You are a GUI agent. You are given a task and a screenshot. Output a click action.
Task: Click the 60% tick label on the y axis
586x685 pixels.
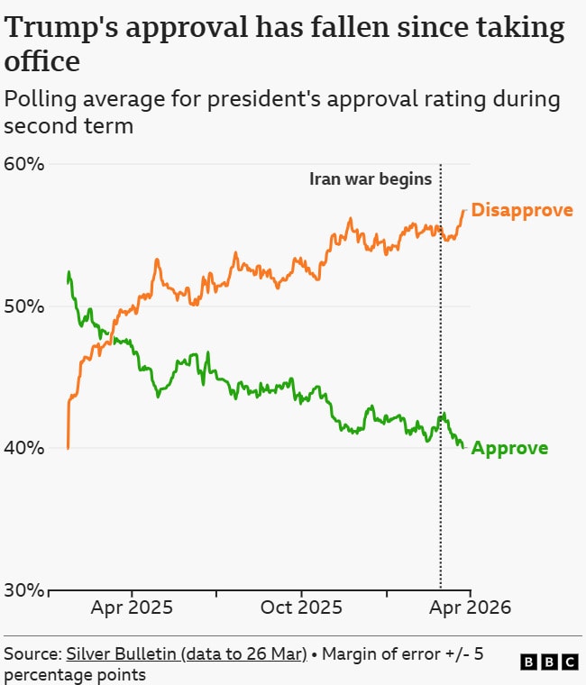click(23, 164)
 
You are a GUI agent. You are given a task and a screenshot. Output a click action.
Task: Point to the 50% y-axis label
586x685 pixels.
click(23, 306)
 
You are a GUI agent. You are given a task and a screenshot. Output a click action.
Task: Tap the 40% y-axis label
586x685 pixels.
click(23, 448)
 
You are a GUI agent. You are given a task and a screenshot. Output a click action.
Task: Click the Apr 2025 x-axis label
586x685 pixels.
click(132, 607)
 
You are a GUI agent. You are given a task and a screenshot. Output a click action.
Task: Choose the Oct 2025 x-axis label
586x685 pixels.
click(301, 607)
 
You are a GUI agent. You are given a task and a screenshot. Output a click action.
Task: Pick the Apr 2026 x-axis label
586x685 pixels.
click(470, 607)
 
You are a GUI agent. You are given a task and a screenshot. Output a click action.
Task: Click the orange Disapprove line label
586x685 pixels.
click(522, 210)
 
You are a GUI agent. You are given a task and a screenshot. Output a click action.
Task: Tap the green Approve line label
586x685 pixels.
click(509, 448)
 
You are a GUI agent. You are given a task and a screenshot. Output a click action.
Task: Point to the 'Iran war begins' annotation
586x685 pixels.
click(371, 178)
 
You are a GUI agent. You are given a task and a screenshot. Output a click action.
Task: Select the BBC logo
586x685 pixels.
click(550, 662)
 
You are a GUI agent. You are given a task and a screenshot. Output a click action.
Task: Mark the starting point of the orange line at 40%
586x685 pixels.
click(69, 447)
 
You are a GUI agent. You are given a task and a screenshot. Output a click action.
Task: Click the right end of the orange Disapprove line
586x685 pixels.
click(464, 210)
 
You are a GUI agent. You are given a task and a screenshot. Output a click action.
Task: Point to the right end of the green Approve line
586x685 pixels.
click(464, 447)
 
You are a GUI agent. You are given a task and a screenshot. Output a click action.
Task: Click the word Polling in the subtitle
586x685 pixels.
click(42, 99)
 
